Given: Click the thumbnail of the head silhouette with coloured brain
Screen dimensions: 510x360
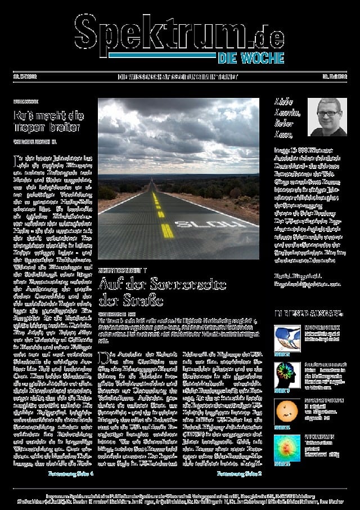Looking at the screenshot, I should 286,372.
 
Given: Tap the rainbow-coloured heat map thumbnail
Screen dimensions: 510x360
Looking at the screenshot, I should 286,446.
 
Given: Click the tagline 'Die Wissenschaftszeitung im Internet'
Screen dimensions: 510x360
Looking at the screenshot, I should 178,77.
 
